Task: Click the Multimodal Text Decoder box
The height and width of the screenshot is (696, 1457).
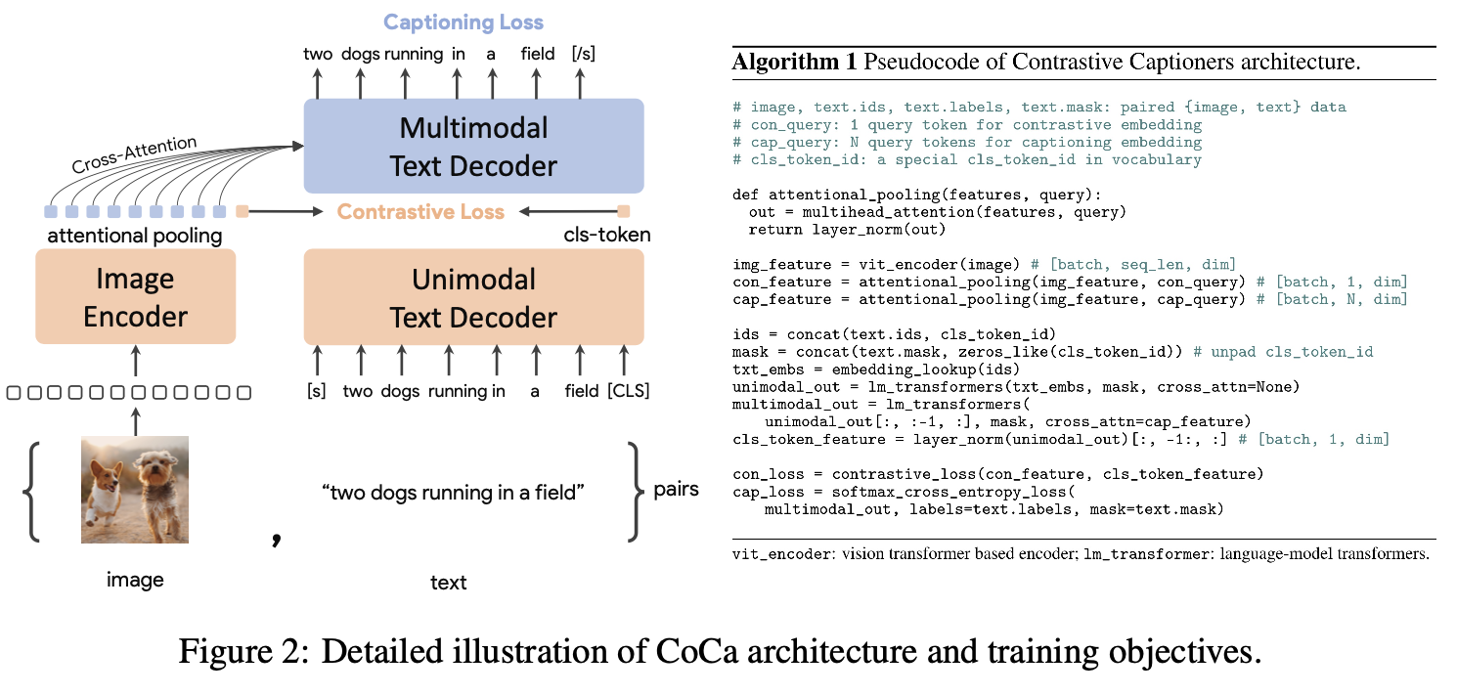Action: tap(473, 146)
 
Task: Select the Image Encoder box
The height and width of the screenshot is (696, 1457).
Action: tap(135, 296)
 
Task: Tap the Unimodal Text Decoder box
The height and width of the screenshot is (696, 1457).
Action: tap(473, 296)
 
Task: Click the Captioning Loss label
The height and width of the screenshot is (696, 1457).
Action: tap(463, 22)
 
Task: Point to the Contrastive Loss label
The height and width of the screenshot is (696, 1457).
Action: tap(420, 211)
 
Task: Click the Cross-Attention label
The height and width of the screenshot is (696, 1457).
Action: tap(134, 155)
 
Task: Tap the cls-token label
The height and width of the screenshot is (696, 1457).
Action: tap(606, 236)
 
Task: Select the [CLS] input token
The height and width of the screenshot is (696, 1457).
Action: tap(628, 391)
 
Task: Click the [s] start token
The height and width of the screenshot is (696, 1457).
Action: tap(316, 391)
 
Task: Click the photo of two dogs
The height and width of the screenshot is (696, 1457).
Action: tap(135, 489)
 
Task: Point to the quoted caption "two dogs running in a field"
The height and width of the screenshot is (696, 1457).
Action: tap(453, 493)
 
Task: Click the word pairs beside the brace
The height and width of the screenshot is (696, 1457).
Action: tap(676, 489)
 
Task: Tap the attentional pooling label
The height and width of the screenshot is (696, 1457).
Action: tap(135, 236)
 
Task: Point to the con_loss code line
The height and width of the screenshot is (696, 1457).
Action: tap(997, 474)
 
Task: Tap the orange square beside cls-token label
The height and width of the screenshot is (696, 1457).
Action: tap(624, 211)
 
